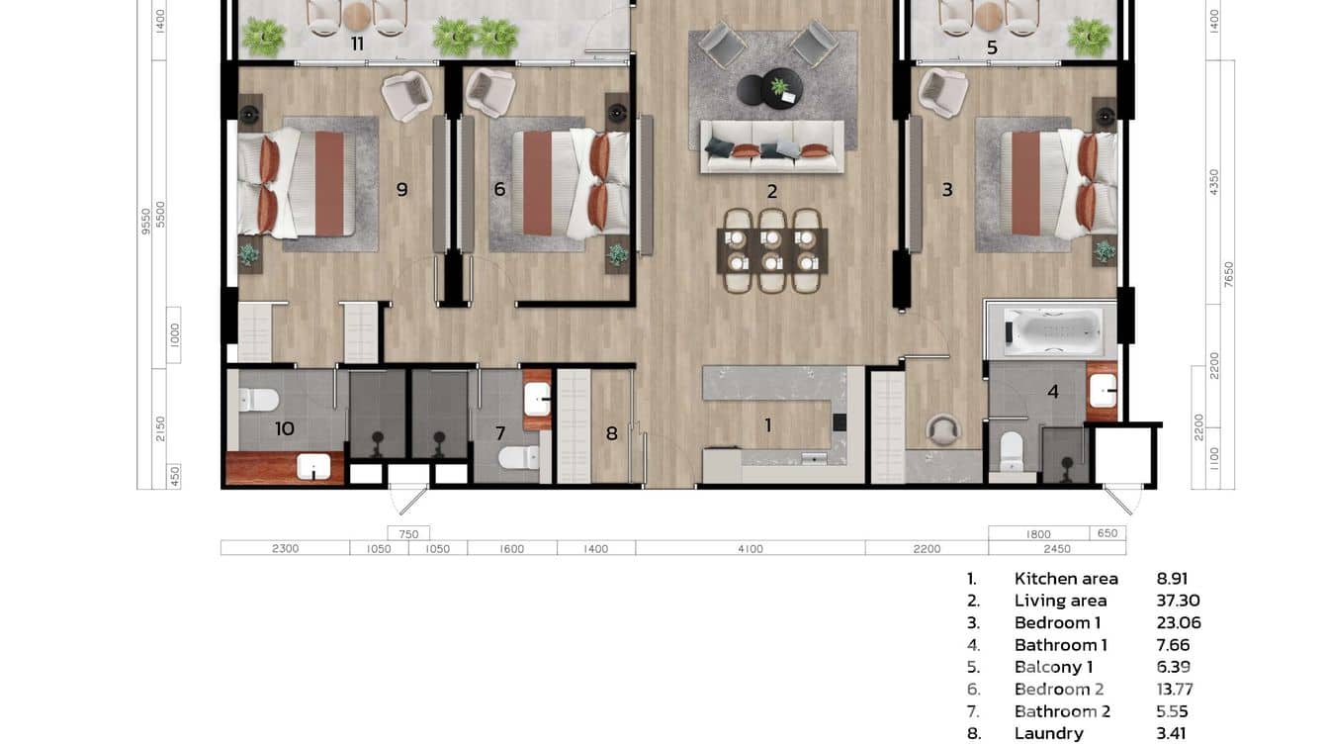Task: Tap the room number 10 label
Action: pyautogui.click(x=285, y=428)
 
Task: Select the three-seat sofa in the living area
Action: pyautogui.click(x=772, y=147)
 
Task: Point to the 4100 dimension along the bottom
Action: pyautogui.click(x=750, y=549)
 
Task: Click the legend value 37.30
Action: pyautogui.click(x=1179, y=601)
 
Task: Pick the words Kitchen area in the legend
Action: pyautogui.click(x=1066, y=579)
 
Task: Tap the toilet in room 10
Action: pyautogui.click(x=258, y=400)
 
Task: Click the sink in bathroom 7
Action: pyautogui.click(x=538, y=400)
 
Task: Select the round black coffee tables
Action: pyautogui.click(x=769, y=89)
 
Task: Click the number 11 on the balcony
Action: pyautogui.click(x=357, y=44)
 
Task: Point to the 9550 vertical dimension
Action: pyautogui.click(x=145, y=221)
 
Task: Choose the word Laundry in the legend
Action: pyautogui.click(x=1048, y=733)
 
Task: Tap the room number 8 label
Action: pyautogui.click(x=611, y=433)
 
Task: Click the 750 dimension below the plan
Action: pyautogui.click(x=408, y=534)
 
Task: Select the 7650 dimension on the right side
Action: pyautogui.click(x=1229, y=275)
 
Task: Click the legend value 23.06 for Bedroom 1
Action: pyautogui.click(x=1179, y=622)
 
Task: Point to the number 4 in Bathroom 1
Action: pyautogui.click(x=1053, y=391)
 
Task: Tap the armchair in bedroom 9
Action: pyautogui.click(x=406, y=97)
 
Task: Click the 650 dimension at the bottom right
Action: pyautogui.click(x=1107, y=532)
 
